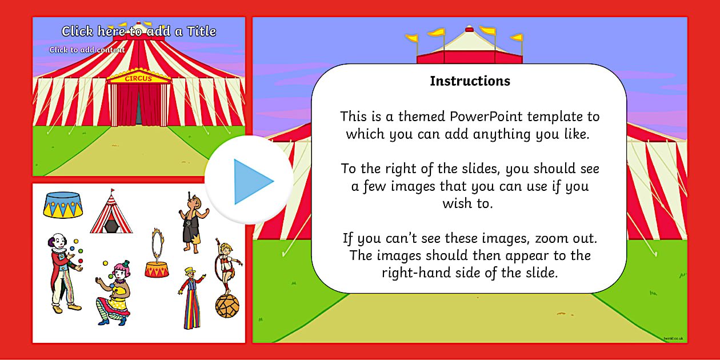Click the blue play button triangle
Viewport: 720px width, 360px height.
point(251,182)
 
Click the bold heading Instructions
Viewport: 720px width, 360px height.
point(470,81)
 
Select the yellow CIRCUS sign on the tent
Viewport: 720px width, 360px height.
point(138,78)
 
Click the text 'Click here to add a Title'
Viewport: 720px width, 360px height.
point(139,31)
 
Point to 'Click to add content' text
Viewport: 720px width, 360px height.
point(87,50)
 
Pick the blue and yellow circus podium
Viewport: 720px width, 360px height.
point(63,204)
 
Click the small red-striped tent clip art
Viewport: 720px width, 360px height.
point(111,212)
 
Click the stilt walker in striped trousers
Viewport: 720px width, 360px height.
point(191,297)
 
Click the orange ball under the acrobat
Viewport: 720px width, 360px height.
point(227,306)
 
